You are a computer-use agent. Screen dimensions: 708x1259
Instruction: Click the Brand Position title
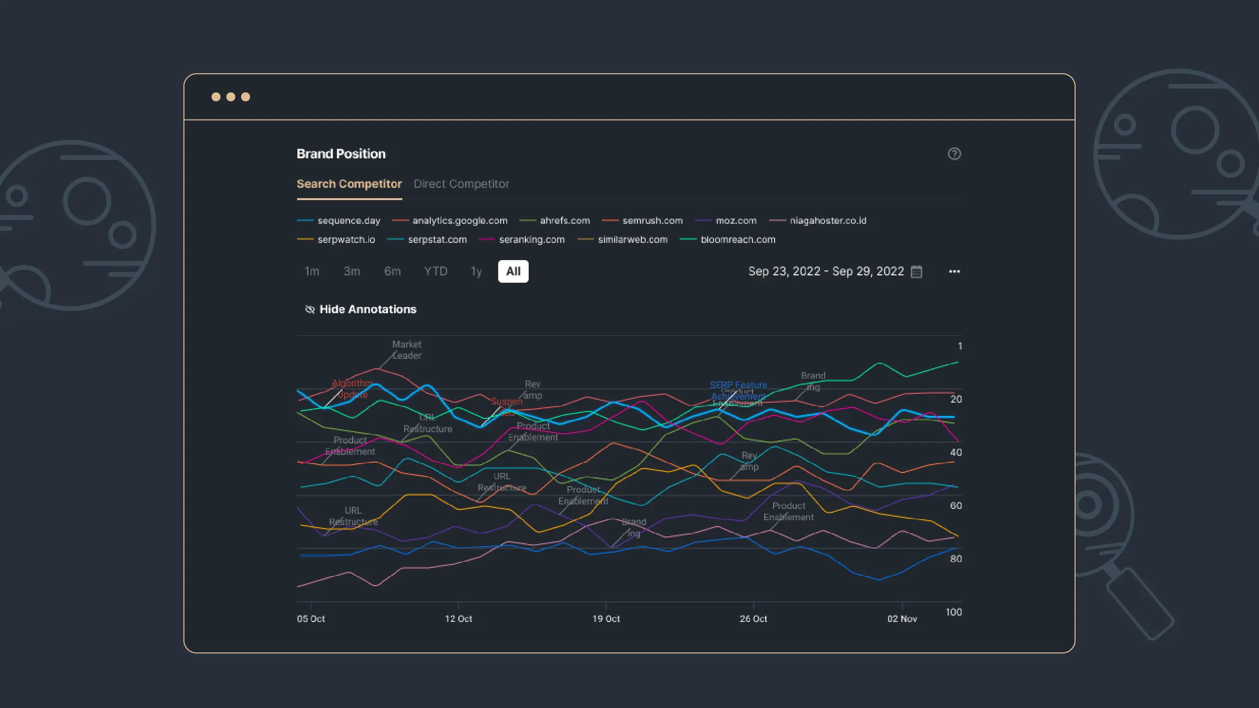[341, 154]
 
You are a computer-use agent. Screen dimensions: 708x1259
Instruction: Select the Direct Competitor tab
[461, 184]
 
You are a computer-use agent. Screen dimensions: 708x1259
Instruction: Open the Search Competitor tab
[349, 184]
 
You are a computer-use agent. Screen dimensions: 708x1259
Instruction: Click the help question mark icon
[954, 154]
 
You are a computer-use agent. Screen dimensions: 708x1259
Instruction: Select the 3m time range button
[352, 271]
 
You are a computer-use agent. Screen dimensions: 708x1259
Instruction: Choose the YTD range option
[435, 271]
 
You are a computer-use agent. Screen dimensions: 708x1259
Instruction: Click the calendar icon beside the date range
[916, 272]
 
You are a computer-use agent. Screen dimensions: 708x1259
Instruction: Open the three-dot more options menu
[954, 271]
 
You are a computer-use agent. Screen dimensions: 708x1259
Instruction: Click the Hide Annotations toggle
[361, 309]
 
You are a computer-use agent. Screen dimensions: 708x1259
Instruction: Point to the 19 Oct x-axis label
[606, 619]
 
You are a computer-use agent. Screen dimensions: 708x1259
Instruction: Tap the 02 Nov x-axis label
[902, 619]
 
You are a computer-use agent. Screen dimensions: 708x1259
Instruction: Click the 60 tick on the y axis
[956, 505]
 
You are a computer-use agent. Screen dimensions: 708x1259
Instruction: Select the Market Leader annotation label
[406, 350]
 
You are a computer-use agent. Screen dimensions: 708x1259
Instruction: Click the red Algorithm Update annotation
[352, 388]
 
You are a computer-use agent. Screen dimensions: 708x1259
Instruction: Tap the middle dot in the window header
[231, 97]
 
